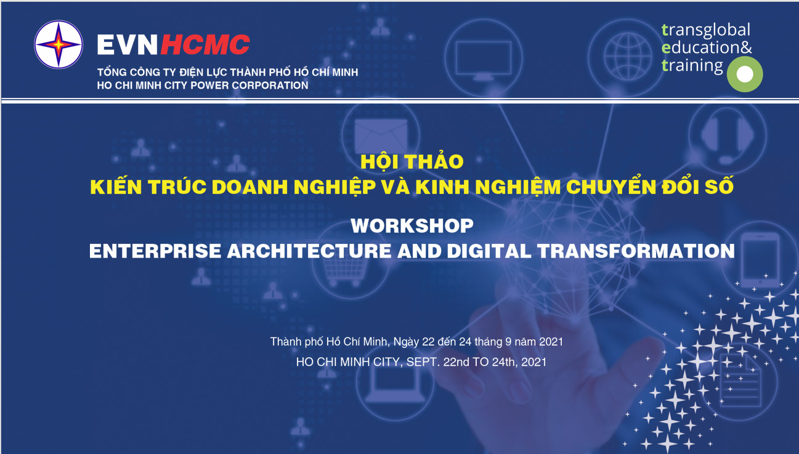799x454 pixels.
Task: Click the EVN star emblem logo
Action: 59,44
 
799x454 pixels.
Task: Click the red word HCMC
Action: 205,45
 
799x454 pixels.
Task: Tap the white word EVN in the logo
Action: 128,45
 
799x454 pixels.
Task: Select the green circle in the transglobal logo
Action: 745,74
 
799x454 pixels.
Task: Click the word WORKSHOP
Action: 412,225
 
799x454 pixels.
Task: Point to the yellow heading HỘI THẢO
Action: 412,161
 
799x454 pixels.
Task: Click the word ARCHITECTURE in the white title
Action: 309,251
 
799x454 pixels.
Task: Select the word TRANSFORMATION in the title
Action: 636,251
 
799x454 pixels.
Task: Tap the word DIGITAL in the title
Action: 489,251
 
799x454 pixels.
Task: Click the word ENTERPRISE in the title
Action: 155,251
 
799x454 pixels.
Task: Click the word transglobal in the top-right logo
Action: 706,30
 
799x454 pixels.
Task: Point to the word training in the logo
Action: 692,66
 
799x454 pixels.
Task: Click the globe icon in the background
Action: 627,57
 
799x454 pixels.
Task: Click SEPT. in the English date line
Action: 423,362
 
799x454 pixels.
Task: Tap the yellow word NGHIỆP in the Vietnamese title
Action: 335,187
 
